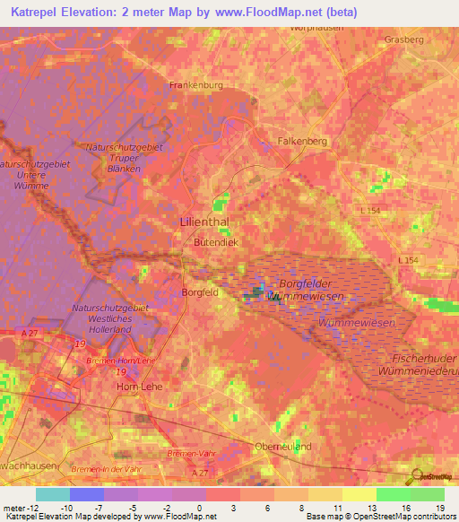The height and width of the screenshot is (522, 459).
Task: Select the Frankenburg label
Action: [x=195, y=85]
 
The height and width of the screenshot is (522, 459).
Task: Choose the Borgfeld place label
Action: [x=200, y=292]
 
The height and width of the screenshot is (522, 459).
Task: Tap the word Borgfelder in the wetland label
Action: [x=307, y=284]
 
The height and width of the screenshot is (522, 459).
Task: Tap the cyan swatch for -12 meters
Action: [x=52, y=494]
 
